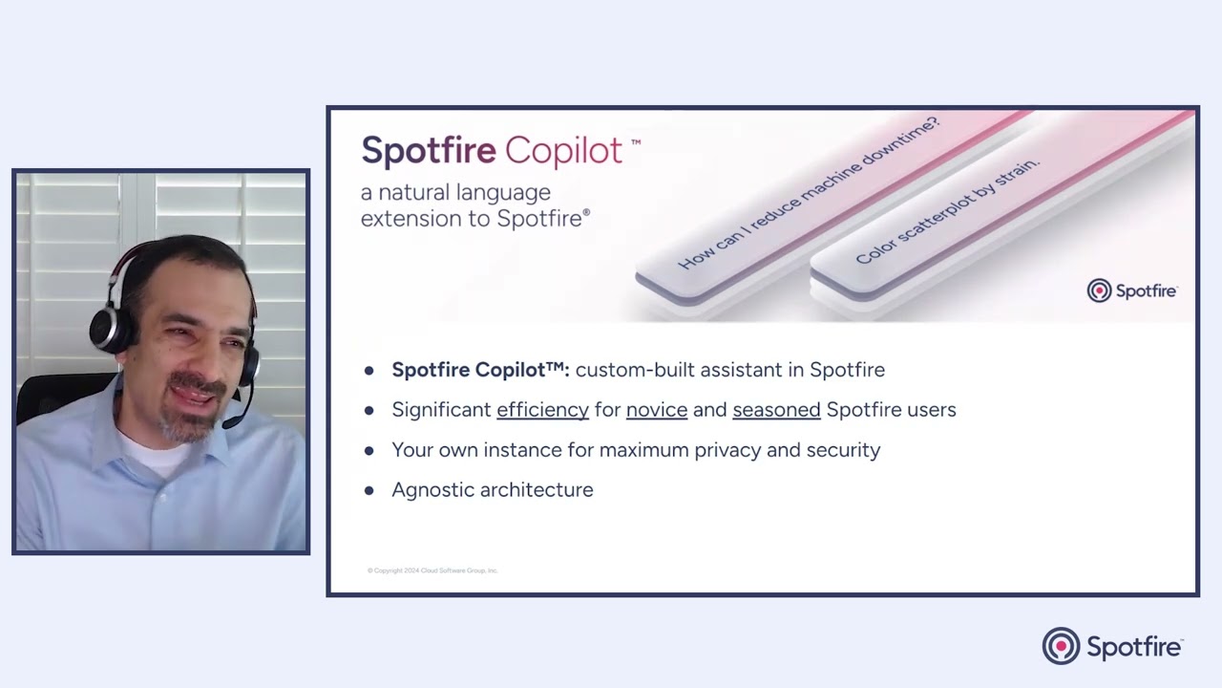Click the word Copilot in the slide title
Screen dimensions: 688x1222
pos(563,150)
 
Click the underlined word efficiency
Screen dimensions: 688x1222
pos(542,410)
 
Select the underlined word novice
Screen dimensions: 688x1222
pos(656,410)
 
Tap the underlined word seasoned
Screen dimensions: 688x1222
pos(776,410)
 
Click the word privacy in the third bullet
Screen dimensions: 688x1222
pos(727,450)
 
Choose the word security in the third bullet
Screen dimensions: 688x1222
pos(843,450)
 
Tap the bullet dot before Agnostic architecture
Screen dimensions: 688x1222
pos(369,490)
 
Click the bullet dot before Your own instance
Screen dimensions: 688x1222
pos(369,450)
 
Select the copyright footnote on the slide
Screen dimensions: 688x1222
pos(432,570)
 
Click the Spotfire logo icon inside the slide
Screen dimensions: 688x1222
pos(1099,290)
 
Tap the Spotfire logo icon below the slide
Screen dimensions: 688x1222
pos(1060,646)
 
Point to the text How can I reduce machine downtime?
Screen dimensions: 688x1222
pos(808,193)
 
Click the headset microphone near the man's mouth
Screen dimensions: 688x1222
pos(232,421)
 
